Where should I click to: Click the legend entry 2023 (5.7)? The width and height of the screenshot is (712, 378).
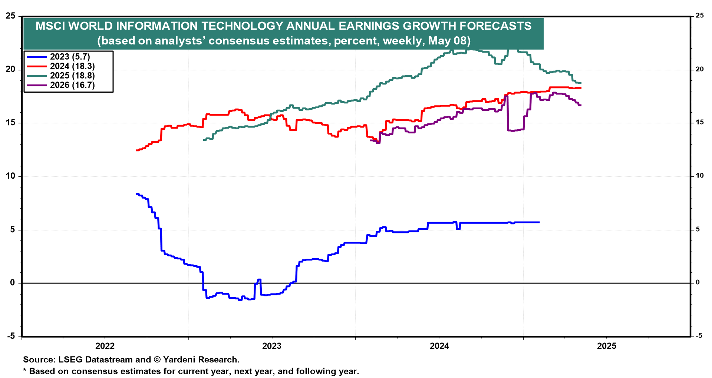[70, 57]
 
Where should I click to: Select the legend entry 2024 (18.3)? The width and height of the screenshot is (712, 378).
[72, 66]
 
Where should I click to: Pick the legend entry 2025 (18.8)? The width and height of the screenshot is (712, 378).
[72, 76]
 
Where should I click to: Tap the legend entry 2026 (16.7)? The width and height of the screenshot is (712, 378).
[72, 85]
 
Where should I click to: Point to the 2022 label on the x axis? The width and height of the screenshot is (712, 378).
[105, 346]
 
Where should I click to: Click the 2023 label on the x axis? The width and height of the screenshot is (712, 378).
[272, 346]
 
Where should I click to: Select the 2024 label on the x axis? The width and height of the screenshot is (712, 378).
[439, 346]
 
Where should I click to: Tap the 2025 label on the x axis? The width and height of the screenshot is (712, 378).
[607, 346]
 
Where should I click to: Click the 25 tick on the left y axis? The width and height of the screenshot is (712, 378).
[10, 16]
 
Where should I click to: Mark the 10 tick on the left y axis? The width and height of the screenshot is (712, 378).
[10, 176]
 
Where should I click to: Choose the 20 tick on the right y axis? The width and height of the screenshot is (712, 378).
[699, 69]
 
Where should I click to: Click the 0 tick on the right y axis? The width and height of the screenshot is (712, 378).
[698, 282]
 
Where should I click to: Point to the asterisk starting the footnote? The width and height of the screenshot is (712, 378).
[25, 371]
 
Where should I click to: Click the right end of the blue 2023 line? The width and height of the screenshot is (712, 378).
[539, 222]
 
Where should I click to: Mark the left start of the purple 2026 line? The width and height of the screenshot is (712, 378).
[371, 140]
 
